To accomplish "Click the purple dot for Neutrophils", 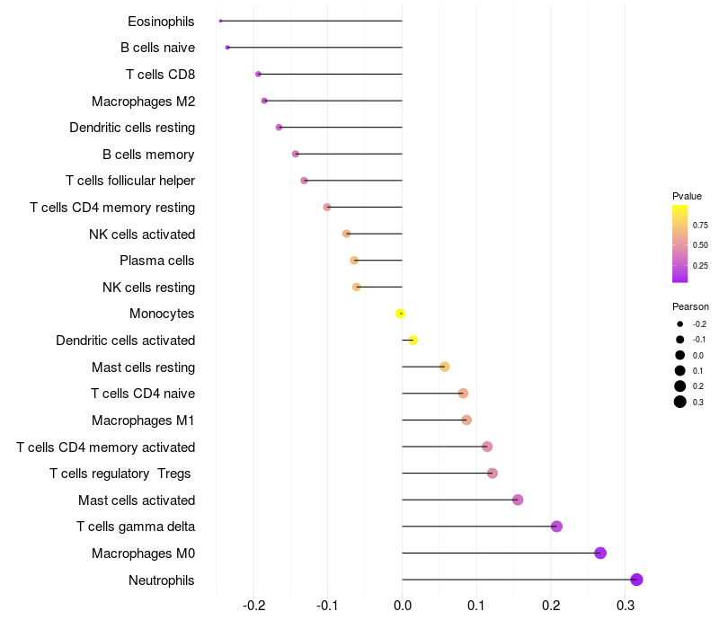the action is pyautogui.click(x=636, y=580).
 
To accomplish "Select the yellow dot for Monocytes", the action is pyautogui.click(x=400, y=314).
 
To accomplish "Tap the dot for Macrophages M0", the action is pyautogui.click(x=600, y=553).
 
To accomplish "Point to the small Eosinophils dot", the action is pyautogui.click(x=220, y=21).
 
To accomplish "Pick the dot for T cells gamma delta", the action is pyautogui.click(x=556, y=527).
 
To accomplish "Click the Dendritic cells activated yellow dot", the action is pyautogui.click(x=413, y=341).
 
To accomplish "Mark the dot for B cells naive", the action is pyautogui.click(x=227, y=48).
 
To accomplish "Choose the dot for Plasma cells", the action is pyautogui.click(x=354, y=261).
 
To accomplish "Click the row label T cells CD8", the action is pyautogui.click(x=161, y=75).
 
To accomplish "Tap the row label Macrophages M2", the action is pyautogui.click(x=144, y=101).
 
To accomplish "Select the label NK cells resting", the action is pyautogui.click(x=149, y=288).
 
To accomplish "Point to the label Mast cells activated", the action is pyautogui.click(x=137, y=500).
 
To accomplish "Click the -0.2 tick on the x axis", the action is pyautogui.click(x=253, y=606).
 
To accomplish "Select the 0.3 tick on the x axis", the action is pyautogui.click(x=625, y=606).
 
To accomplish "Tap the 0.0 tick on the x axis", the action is pyautogui.click(x=402, y=606).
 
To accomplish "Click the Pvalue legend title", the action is pyautogui.click(x=687, y=196).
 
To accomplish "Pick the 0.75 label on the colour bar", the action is pyautogui.click(x=700, y=226).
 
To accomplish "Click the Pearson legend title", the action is pyautogui.click(x=690, y=306).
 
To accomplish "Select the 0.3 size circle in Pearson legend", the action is pyautogui.click(x=680, y=402).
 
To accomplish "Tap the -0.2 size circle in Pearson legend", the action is pyautogui.click(x=680, y=324).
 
